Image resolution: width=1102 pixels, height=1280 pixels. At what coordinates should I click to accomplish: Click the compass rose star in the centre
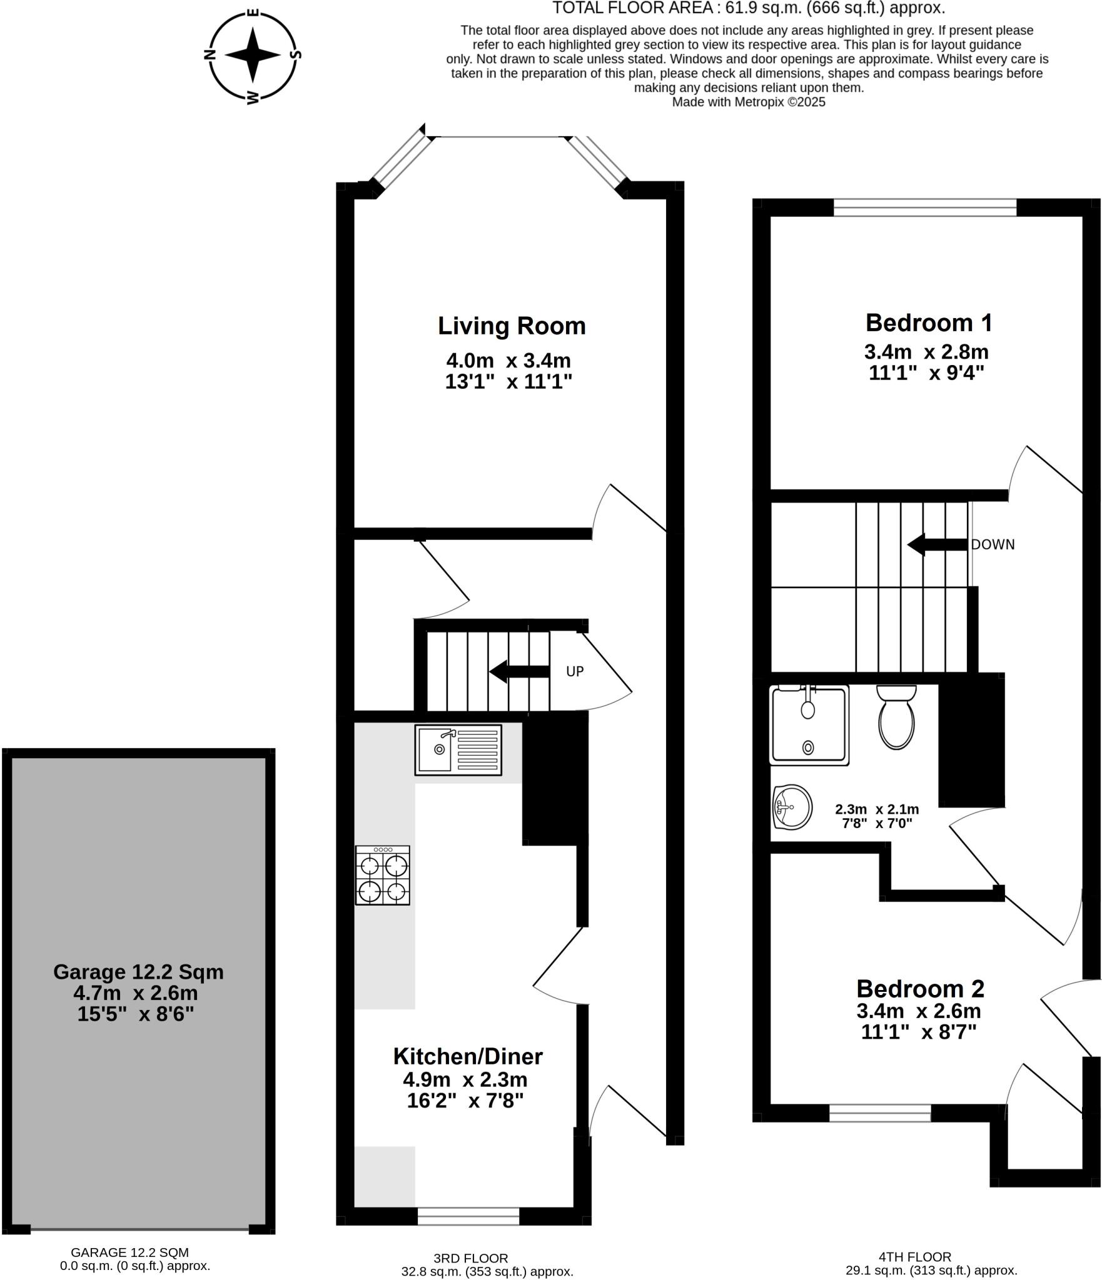pyautogui.click(x=252, y=55)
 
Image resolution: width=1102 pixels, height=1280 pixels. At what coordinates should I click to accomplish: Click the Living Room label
pyautogui.click(x=511, y=326)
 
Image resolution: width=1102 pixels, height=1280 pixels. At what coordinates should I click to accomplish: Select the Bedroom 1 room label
pyautogui.click(x=928, y=322)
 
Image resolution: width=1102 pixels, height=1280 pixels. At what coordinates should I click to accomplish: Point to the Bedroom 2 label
pyautogui.click(x=919, y=988)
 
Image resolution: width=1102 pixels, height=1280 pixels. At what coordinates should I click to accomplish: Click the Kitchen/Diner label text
pyautogui.click(x=467, y=1056)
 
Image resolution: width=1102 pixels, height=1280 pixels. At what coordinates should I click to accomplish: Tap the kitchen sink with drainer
pyautogui.click(x=458, y=749)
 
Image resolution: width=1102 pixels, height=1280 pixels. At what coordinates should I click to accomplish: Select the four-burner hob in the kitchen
pyautogui.click(x=383, y=875)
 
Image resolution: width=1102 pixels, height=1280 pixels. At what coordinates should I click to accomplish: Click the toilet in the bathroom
pyautogui.click(x=896, y=717)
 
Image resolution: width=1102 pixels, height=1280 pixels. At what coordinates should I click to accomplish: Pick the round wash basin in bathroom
pyautogui.click(x=792, y=807)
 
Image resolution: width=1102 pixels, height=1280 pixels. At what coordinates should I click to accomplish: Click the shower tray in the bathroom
pyautogui.click(x=809, y=724)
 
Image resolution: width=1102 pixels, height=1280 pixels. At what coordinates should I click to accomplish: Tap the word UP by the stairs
pyautogui.click(x=574, y=671)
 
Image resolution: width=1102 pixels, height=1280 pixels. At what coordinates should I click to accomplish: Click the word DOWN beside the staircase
pyautogui.click(x=992, y=544)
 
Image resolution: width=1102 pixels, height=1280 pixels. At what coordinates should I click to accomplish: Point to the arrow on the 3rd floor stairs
pyautogui.click(x=518, y=672)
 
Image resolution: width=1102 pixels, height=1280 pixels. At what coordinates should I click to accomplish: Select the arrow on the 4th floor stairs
pyautogui.click(x=936, y=544)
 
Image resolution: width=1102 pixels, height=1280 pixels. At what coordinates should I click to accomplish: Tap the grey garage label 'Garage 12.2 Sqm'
pyautogui.click(x=138, y=971)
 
